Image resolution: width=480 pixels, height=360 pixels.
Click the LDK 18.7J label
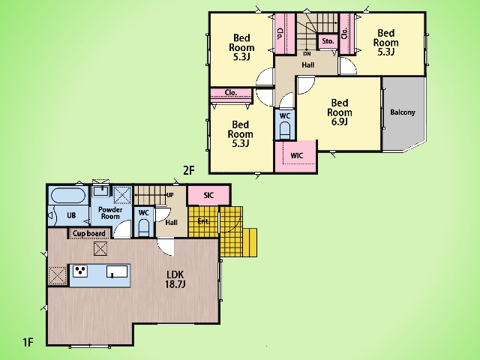pos(175,279)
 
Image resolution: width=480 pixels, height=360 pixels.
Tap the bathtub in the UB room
pos(67,195)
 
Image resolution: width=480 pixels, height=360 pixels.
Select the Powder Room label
pos(110,213)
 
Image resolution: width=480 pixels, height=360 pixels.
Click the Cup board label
pos(88,233)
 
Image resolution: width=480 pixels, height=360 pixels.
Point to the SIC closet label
pos(208,195)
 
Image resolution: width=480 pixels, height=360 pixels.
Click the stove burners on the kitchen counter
pos(80,271)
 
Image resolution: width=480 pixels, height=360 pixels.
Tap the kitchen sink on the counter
pos(117,271)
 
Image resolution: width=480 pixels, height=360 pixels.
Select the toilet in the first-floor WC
pos(144,228)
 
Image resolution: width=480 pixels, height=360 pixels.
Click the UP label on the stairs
pos(170,195)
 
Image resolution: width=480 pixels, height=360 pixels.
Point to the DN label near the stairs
pos(307,54)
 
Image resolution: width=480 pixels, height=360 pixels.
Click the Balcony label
pos(403,112)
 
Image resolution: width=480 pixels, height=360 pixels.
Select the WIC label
pos(297,155)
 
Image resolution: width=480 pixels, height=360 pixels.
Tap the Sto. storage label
pos(328,41)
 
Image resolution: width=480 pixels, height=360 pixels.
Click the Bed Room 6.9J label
pos(340,112)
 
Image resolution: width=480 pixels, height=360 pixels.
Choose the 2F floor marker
pos(189,170)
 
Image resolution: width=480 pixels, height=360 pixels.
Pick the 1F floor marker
pos(28,342)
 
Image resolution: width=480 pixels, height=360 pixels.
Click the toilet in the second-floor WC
pos(285,130)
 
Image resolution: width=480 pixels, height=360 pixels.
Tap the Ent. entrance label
pos(203,221)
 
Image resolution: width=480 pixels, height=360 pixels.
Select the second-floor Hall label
pos(308,65)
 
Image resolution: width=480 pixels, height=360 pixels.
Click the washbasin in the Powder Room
pos(101,191)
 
